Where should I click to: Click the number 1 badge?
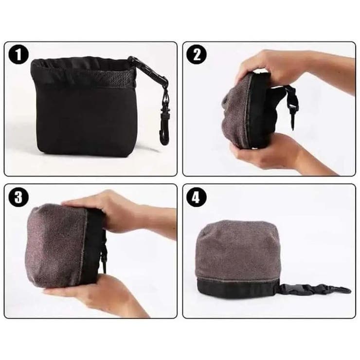click(x=18, y=55)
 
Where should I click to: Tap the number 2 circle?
click(x=197, y=55)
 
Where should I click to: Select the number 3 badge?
click(x=18, y=197)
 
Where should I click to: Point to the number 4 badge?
click(x=197, y=197)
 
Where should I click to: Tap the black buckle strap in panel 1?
click(x=150, y=71)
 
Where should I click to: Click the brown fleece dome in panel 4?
click(x=237, y=249)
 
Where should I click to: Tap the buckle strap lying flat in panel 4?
click(x=315, y=289)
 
